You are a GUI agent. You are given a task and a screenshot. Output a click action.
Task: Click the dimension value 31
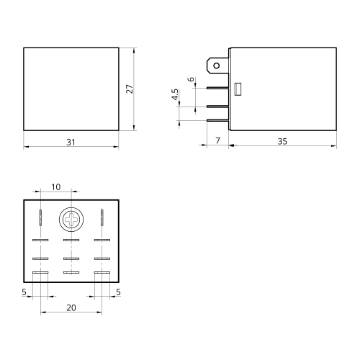click(71, 143)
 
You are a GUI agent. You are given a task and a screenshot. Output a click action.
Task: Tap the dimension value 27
click(130, 89)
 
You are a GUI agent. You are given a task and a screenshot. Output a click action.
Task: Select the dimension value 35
click(282, 141)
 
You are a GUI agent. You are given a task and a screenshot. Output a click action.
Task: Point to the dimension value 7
click(217, 140)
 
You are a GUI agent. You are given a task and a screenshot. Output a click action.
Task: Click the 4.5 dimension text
click(175, 94)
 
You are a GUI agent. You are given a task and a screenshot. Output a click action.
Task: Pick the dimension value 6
click(191, 79)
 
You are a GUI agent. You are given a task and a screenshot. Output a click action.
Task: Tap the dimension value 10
click(56, 187)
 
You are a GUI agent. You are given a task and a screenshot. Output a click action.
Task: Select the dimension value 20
click(71, 307)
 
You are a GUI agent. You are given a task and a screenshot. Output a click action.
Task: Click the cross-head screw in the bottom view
click(71, 220)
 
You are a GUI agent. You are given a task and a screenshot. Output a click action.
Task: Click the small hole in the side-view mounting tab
click(217, 66)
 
